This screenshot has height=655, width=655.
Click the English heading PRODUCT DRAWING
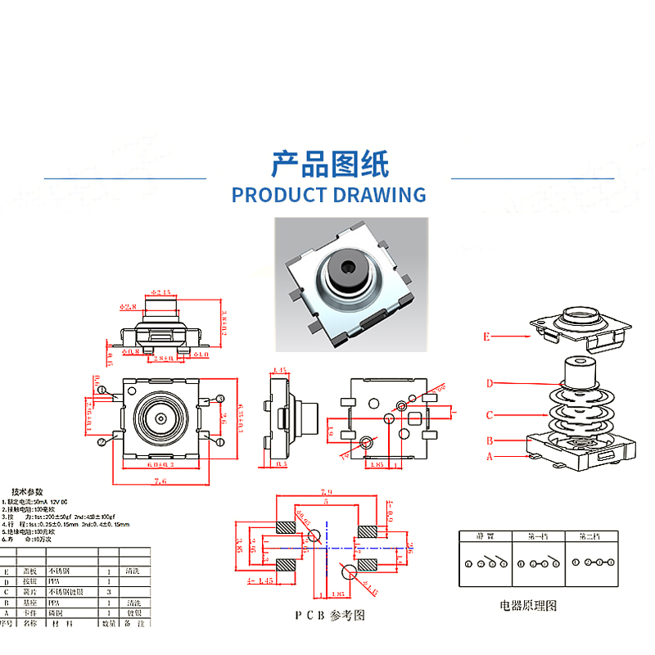[x=328, y=195]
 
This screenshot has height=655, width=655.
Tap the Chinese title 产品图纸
[x=330, y=165]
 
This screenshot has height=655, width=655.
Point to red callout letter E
[x=486, y=336]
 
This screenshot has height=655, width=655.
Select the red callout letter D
[x=490, y=382]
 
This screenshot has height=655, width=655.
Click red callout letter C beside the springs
[x=490, y=414]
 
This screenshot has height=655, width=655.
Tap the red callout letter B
[x=490, y=440]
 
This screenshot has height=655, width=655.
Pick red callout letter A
[x=490, y=456]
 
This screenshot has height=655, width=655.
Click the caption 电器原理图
[x=528, y=606]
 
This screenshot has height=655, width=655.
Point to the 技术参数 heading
[x=29, y=491]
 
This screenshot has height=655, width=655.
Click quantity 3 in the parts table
[x=110, y=590]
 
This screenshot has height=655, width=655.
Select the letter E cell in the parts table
[x=7, y=571]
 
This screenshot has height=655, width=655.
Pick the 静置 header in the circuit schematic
[x=485, y=537]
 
